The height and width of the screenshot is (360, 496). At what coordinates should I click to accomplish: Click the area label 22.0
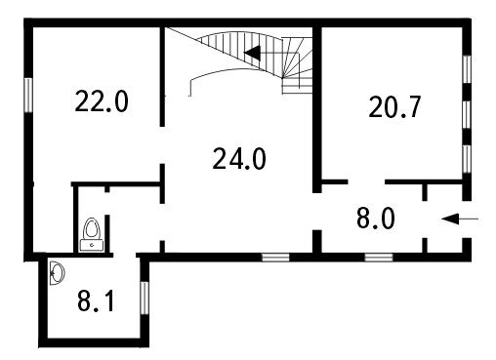point(102,101)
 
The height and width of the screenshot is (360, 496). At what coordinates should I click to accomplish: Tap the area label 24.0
point(239,158)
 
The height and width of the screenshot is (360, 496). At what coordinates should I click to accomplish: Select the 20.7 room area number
point(394,106)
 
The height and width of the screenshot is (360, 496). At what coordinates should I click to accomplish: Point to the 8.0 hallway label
point(376,219)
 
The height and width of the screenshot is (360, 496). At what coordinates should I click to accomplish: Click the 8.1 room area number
point(96,300)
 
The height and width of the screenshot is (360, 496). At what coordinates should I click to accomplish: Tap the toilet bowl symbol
point(92,229)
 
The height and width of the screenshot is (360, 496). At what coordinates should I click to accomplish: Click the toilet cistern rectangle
point(92,245)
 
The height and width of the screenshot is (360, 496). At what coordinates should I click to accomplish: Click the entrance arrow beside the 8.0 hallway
point(460,220)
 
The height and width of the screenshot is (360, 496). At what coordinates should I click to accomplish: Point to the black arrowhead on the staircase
point(252,53)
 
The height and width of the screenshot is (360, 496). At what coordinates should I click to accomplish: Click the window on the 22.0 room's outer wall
point(28,95)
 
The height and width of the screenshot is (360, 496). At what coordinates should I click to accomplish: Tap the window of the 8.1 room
point(145,298)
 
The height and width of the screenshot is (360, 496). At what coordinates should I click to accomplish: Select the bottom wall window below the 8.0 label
point(379,258)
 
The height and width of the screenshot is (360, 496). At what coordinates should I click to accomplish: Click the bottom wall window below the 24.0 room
point(275,258)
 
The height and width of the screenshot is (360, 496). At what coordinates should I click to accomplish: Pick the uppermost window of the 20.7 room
point(467,69)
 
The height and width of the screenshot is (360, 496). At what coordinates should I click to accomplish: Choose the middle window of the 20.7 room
point(467,114)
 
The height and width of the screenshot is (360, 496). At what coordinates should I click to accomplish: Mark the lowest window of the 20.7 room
point(467,159)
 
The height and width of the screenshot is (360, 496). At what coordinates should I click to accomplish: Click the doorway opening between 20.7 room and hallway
point(367,181)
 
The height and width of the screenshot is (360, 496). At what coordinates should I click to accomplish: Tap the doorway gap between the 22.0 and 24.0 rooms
point(162,145)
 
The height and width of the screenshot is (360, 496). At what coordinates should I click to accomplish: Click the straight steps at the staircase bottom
point(297,85)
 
